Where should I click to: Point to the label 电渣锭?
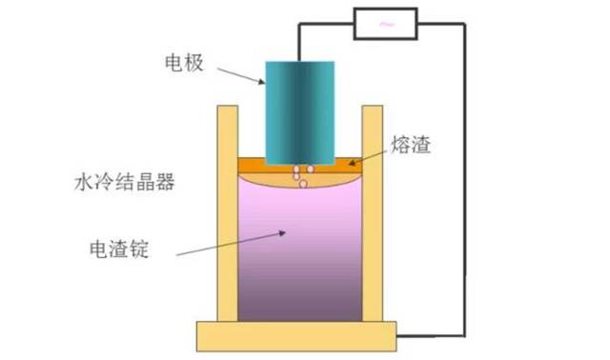117,250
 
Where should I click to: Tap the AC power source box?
389,25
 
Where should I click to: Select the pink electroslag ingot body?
300,238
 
